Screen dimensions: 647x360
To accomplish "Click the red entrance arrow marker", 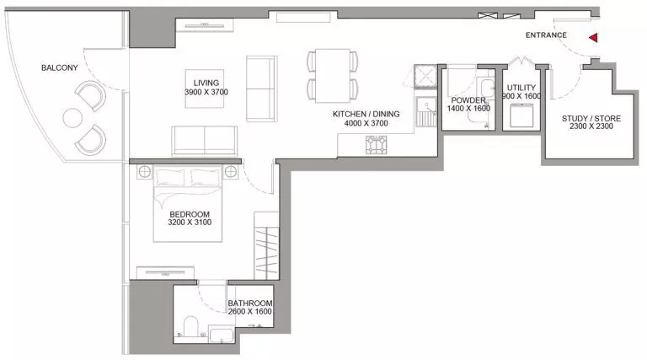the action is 593,38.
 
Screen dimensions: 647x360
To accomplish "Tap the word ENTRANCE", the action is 546,35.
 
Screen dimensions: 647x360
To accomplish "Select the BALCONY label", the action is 60,67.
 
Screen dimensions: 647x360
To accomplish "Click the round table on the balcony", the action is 72,118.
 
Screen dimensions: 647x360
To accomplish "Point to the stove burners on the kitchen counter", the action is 376,145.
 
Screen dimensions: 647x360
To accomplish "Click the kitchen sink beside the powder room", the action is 425,111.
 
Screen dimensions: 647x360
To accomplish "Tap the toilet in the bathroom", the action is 190,326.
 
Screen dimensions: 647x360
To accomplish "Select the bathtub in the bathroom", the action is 222,335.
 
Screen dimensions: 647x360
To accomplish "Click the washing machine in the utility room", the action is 521,116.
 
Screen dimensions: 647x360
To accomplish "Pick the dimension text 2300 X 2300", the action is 591,126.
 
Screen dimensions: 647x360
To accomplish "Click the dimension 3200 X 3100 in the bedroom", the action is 190,223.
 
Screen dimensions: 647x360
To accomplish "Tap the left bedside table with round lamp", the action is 144,172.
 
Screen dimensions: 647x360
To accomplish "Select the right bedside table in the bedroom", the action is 231,172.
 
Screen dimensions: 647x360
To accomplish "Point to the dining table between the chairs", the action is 333,76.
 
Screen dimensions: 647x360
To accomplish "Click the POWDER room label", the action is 468,100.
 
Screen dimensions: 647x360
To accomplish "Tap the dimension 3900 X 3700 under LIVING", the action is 206,92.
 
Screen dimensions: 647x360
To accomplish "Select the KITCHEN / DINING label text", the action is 366,114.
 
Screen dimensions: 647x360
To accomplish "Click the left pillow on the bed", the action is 170,178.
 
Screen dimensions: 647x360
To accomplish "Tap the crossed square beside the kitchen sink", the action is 425,77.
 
